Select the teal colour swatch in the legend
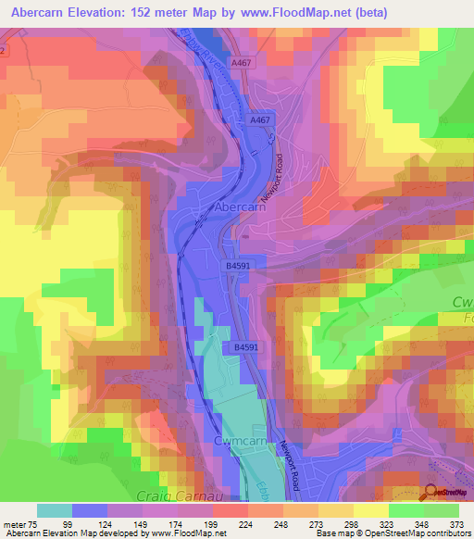[x=54, y=510]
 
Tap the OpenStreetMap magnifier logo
[x=430, y=492]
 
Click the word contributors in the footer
[x=447, y=533]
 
